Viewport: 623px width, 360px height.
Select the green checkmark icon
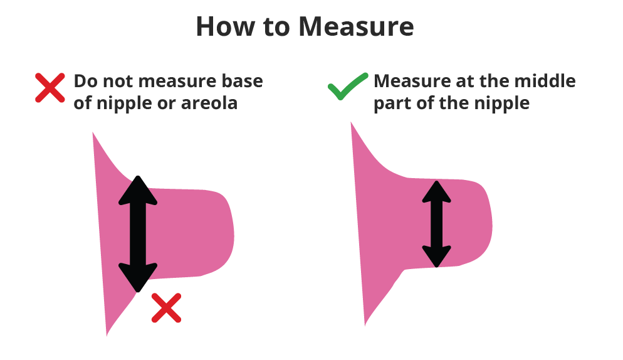348,87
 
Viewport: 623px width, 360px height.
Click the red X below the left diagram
167,307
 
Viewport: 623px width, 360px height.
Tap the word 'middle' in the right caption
545,81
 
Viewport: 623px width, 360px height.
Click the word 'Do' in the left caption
86,81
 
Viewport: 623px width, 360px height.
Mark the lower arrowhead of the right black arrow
437,257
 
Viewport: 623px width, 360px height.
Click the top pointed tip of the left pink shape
94,134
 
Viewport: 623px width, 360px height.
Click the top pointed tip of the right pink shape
352,124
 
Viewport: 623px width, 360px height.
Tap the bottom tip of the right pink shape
365,324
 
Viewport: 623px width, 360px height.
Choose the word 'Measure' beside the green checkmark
411,81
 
